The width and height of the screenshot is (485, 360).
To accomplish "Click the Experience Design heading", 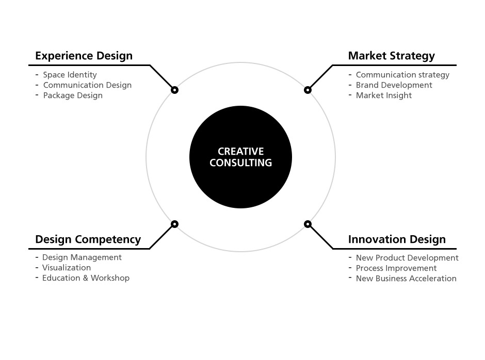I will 84,56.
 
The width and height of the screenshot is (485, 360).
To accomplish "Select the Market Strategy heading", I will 391,56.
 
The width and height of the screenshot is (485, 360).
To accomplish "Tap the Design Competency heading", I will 88,239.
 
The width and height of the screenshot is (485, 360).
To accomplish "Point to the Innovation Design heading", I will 397,239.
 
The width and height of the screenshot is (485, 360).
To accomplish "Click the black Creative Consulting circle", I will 240,157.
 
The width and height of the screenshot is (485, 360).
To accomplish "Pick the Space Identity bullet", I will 70,75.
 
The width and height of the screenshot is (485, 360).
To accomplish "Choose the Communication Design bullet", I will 87,85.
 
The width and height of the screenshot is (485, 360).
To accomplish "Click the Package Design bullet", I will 73,95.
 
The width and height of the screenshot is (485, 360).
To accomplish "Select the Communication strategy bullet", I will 402,75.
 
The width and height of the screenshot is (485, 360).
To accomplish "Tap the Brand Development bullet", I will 394,85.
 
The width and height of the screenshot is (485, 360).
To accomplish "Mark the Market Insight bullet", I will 383,95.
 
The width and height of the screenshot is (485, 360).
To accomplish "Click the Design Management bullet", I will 82,257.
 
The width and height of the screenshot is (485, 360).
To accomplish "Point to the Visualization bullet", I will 67,268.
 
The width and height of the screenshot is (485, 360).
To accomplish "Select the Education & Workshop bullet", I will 86,278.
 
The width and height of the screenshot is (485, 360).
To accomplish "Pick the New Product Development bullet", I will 407,258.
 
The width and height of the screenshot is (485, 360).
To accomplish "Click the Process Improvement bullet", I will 396,268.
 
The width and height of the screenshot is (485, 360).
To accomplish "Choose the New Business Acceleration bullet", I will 406,279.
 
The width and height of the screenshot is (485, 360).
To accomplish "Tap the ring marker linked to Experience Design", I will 174,90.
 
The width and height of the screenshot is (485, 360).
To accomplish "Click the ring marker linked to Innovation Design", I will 308,224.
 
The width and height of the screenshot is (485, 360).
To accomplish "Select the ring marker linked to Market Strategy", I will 308,90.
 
